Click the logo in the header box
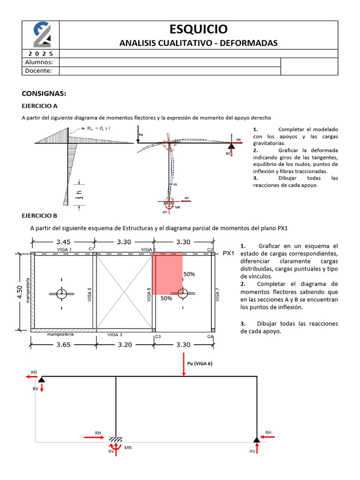pyautogui.click(x=42, y=35)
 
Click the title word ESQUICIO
pyautogui.click(x=198, y=29)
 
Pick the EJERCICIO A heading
pyautogui.click(x=39, y=106)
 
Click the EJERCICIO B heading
pyautogui.click(x=39, y=216)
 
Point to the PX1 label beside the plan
pyautogui.click(x=229, y=253)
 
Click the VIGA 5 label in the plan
pyautogui.click(x=90, y=294)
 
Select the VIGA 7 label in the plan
pyautogui.click(x=217, y=294)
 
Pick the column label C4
pyautogui.click(x=210, y=336)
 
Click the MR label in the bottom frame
pyautogui.click(x=128, y=448)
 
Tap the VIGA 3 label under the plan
pyautogui.click(x=115, y=335)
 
